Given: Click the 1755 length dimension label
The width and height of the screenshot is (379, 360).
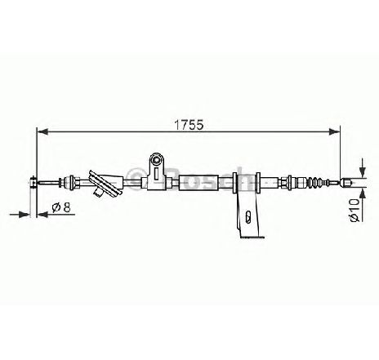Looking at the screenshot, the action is point(189,125).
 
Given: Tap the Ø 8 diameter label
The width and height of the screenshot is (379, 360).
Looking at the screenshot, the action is point(61,207).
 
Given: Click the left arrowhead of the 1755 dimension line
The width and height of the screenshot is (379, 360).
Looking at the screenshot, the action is point(42,131).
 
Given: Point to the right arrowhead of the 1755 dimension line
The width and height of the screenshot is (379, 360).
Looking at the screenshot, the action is point(335,131).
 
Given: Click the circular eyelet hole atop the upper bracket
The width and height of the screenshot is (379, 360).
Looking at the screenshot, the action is point(157,160).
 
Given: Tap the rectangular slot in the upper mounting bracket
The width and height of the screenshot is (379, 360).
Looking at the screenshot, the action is point(156,173).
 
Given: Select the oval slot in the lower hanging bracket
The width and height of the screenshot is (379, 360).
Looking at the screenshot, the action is point(247,216).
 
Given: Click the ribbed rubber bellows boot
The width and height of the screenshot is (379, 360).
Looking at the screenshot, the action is point(317,182).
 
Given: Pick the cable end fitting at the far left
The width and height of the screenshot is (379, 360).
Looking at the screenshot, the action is point(33,182).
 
